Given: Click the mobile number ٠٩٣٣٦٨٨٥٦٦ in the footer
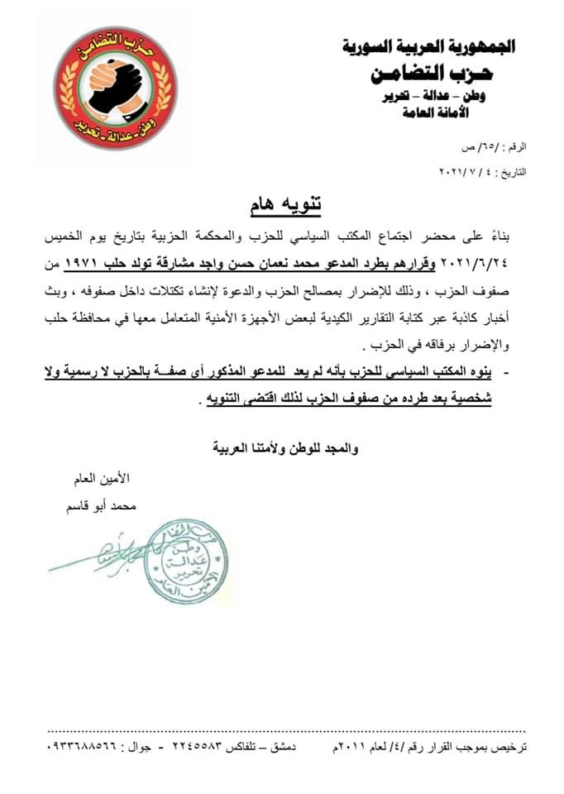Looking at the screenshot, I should [84, 748].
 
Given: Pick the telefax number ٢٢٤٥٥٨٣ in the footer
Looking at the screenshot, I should [202, 748].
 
